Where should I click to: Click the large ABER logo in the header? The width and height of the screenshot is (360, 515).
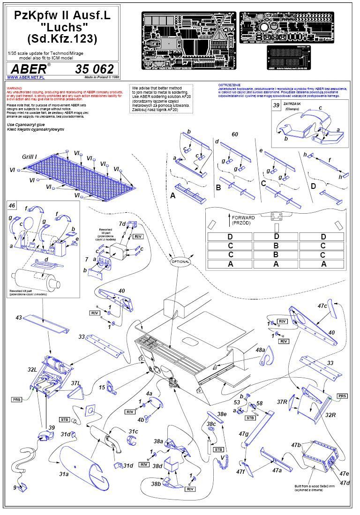(30, 69)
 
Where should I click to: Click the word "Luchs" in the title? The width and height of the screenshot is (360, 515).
(62, 27)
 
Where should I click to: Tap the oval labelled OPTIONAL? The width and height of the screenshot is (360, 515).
(180, 261)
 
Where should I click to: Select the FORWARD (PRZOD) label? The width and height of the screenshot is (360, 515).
(243, 220)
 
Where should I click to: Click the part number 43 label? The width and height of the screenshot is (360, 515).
(19, 318)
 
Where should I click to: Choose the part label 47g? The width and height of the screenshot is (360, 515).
(243, 434)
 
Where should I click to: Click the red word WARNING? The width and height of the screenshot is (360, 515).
(14, 88)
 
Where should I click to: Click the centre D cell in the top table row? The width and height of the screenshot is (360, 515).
(276, 237)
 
